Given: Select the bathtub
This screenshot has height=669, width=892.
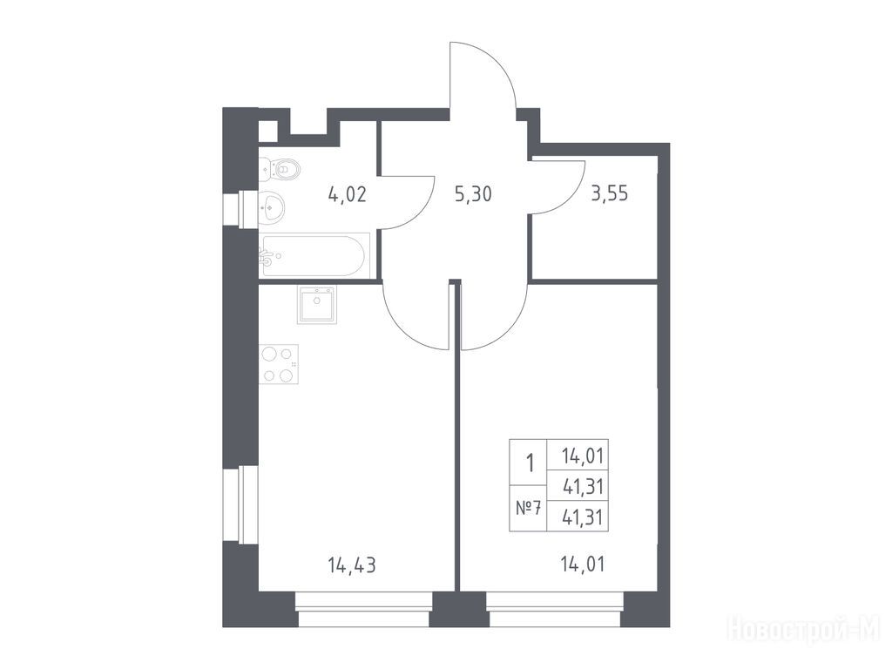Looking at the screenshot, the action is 314,256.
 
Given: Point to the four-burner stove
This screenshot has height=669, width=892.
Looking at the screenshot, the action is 279,364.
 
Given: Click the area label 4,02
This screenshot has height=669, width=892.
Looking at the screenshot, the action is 347,194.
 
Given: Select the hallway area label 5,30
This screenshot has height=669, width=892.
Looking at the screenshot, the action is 473,194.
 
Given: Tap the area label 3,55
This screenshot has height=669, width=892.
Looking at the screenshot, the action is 609,194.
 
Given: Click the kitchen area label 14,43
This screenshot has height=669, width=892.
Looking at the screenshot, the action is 352,565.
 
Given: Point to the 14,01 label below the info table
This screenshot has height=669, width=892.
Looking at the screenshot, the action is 582,564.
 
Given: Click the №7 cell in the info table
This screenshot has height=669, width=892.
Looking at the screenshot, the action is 527,508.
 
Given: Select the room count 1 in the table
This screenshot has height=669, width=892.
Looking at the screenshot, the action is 530,463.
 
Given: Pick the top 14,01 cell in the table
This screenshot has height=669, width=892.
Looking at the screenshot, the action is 583,456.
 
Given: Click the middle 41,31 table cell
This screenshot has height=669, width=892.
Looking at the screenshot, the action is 583,486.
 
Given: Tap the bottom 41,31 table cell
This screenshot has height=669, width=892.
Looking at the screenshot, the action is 583,517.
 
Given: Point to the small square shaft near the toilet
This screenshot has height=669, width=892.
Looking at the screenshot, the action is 268,131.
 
